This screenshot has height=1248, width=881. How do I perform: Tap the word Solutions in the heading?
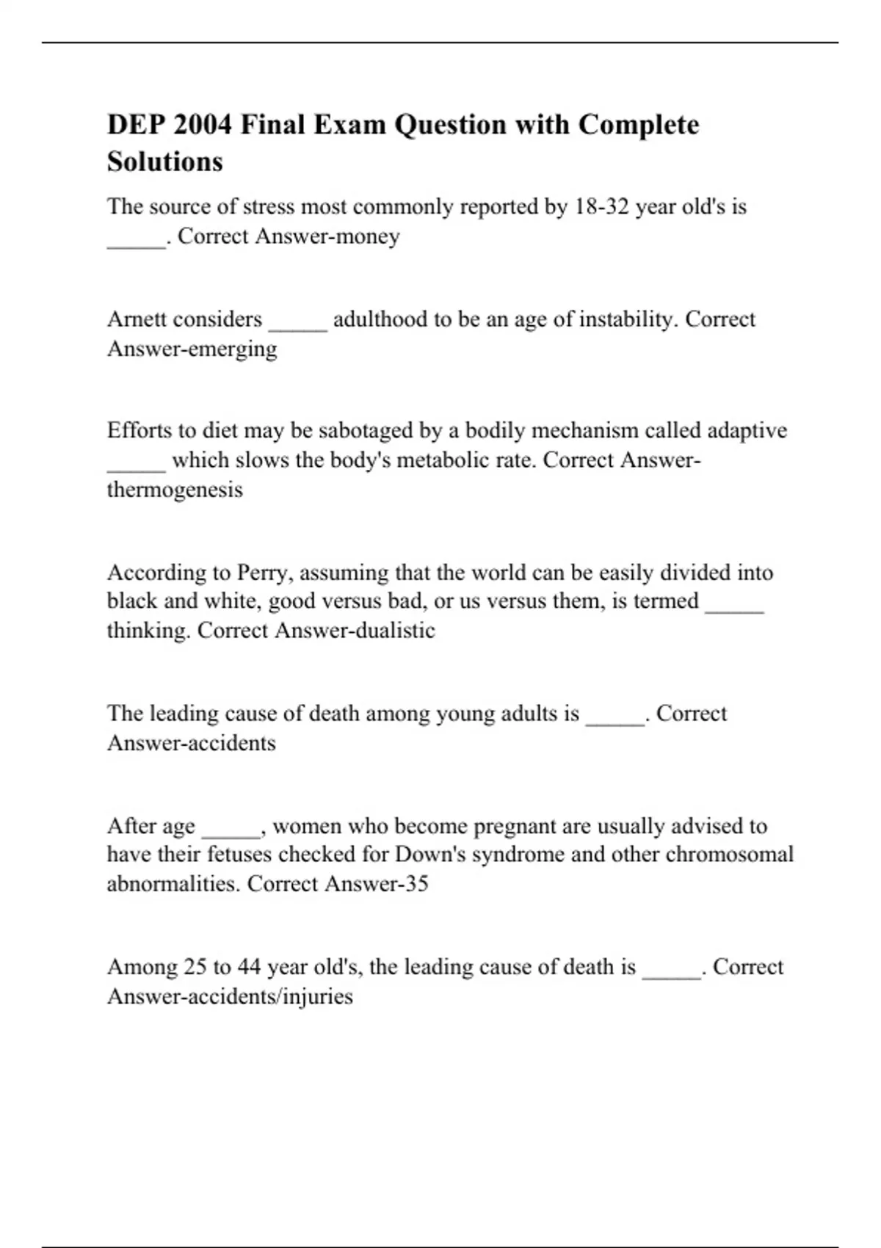coord(164,162)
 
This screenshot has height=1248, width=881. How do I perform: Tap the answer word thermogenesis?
coord(175,490)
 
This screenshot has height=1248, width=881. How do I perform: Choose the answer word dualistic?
coord(395,631)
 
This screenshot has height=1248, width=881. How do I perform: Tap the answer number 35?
coord(416,883)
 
